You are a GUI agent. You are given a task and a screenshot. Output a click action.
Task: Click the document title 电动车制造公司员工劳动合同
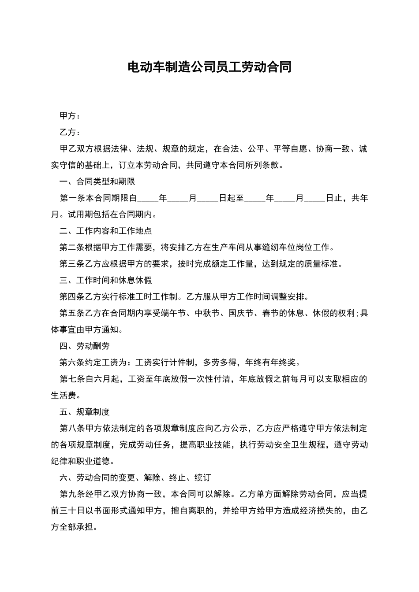[209, 67]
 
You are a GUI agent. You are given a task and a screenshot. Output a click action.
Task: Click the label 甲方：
[70, 116]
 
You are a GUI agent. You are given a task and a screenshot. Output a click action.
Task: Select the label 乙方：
[70, 132]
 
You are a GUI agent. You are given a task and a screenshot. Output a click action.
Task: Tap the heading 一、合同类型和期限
[97, 181]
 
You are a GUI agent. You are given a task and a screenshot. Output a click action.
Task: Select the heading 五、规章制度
[85, 412]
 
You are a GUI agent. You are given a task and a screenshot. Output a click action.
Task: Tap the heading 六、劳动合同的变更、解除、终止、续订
[135, 477]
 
